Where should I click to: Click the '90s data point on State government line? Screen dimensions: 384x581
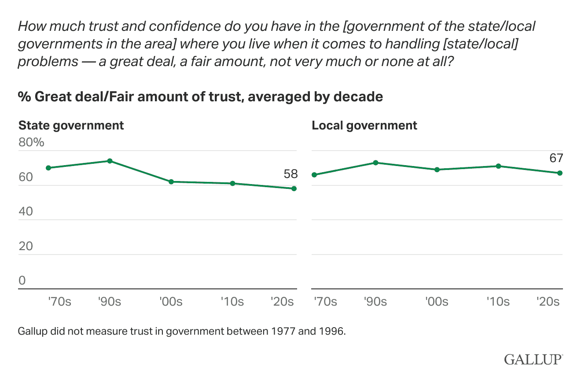[110, 161]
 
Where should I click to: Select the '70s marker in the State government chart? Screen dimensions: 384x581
[48, 168]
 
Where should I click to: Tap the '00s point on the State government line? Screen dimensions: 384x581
[171, 181]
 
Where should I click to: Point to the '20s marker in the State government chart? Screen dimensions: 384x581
[294, 188]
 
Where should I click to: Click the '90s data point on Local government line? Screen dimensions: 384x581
[375, 162]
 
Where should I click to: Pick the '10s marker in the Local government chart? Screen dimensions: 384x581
[498, 166]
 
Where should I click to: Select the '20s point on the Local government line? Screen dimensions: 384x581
[560, 173]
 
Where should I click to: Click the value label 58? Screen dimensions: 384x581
[290, 174]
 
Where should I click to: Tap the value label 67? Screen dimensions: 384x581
[556, 159]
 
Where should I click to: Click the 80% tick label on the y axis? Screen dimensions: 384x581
[31, 143]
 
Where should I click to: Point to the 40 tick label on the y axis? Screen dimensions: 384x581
[25, 211]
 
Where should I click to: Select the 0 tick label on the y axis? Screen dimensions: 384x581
[22, 281]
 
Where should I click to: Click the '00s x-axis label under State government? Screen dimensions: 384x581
[171, 302]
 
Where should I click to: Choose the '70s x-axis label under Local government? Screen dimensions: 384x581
[325, 302]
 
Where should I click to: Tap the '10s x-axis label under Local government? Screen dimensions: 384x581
[498, 302]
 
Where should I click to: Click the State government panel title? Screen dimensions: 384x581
[71, 126]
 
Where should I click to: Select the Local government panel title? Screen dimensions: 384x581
[364, 126]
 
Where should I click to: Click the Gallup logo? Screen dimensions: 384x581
[533, 359]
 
